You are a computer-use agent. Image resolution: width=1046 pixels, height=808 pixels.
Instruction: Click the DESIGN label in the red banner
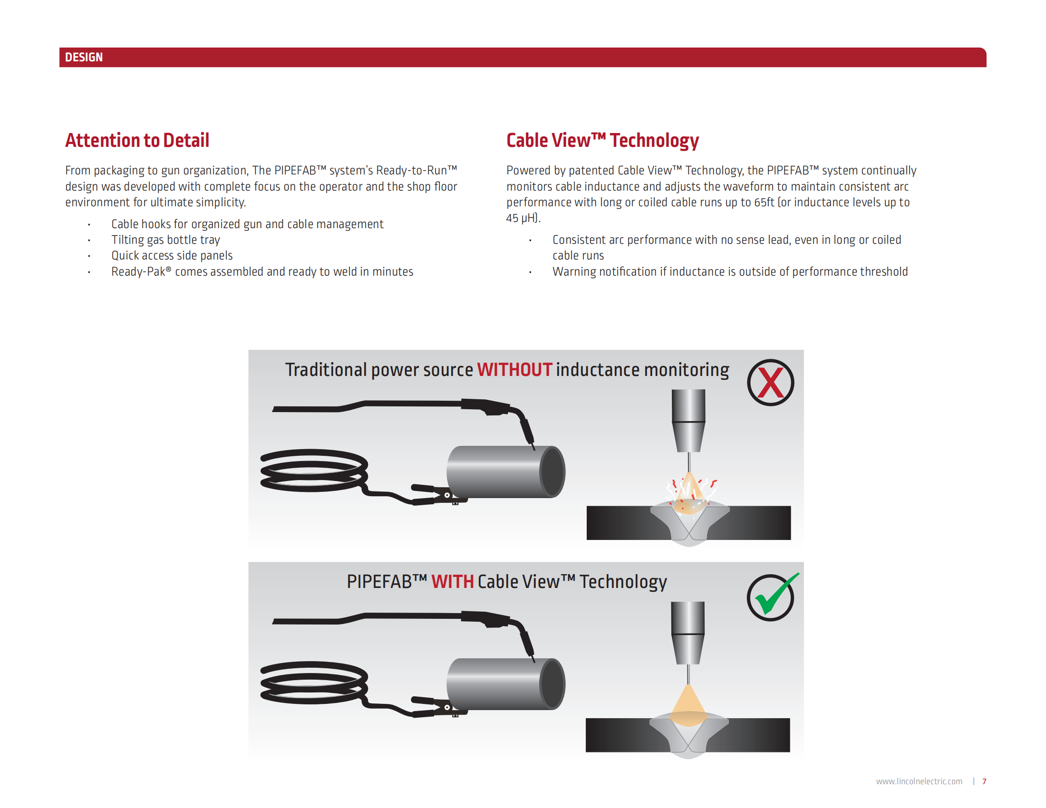[x=84, y=58]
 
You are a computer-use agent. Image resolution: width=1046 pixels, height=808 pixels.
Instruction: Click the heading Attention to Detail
[x=137, y=141]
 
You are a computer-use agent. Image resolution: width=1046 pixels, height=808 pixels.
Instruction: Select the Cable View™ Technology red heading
[x=602, y=141]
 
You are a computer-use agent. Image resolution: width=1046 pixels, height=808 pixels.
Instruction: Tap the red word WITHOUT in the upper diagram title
[x=514, y=370]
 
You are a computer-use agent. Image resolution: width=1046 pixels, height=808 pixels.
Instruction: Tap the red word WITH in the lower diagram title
[x=452, y=582]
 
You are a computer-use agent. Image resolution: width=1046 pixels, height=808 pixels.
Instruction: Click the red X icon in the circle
[x=770, y=383]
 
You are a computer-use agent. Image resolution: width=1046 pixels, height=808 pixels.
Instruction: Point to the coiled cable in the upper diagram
[x=313, y=470]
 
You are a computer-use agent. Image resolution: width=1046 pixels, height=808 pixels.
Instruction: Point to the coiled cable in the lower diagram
[x=313, y=683]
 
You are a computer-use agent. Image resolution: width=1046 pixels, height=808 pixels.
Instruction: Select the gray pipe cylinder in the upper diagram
[x=503, y=472]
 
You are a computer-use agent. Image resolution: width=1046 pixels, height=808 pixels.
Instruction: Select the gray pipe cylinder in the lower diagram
[x=503, y=684]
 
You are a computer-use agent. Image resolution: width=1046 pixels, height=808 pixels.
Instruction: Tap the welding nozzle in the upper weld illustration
[x=689, y=420]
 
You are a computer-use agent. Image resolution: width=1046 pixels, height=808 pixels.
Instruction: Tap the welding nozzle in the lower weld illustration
[x=688, y=633]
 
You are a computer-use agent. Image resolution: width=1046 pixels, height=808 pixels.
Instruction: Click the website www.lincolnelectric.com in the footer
[x=919, y=782]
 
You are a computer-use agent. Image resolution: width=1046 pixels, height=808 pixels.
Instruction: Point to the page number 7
[x=984, y=782]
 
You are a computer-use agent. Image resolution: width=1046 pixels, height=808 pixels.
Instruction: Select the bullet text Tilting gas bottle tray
[x=166, y=240]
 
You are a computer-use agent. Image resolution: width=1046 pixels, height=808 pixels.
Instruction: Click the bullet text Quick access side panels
[x=172, y=256]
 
